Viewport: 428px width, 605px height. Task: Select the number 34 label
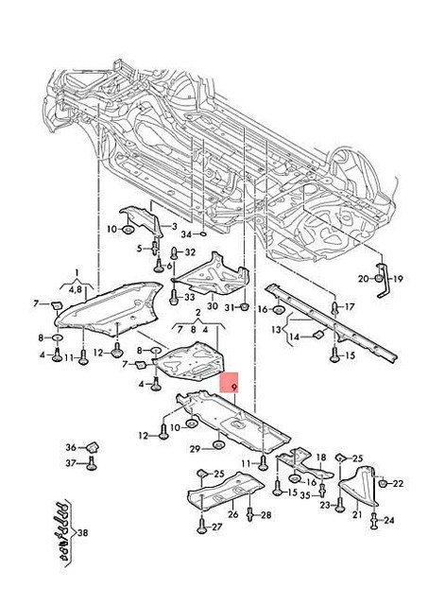187,233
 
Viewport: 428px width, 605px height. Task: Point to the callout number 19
398,279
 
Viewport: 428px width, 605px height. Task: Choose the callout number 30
211,307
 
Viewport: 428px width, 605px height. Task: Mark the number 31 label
228,307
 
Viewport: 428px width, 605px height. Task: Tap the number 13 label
278,329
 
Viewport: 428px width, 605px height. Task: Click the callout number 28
265,515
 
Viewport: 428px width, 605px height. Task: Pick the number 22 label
398,484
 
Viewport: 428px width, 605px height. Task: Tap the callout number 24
389,520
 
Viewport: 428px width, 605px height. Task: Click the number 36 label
70,447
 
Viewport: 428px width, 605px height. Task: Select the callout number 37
70,463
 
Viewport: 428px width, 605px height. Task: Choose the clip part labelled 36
94,446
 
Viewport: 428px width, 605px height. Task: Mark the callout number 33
189,296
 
